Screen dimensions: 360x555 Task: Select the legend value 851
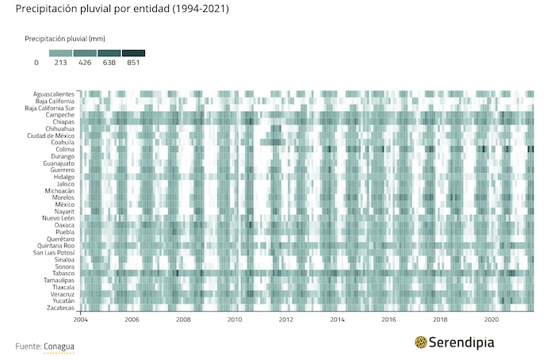point(132,63)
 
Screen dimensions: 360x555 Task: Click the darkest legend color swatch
point(132,53)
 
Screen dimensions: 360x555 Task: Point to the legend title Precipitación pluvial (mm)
point(65,38)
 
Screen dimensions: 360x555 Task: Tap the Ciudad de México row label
point(51,136)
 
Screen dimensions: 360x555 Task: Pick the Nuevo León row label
point(58,218)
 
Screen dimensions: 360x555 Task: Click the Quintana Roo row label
point(55,246)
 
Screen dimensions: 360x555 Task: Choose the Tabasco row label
point(63,274)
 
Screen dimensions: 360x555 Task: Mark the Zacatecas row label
point(60,308)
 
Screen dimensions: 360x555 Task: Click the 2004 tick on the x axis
point(81,320)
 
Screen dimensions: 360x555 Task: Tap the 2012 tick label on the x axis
point(285,320)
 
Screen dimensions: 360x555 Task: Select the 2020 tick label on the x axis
point(491,320)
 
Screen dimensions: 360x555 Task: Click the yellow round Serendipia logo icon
point(421,343)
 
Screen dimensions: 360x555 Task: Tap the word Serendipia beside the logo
point(462,343)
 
